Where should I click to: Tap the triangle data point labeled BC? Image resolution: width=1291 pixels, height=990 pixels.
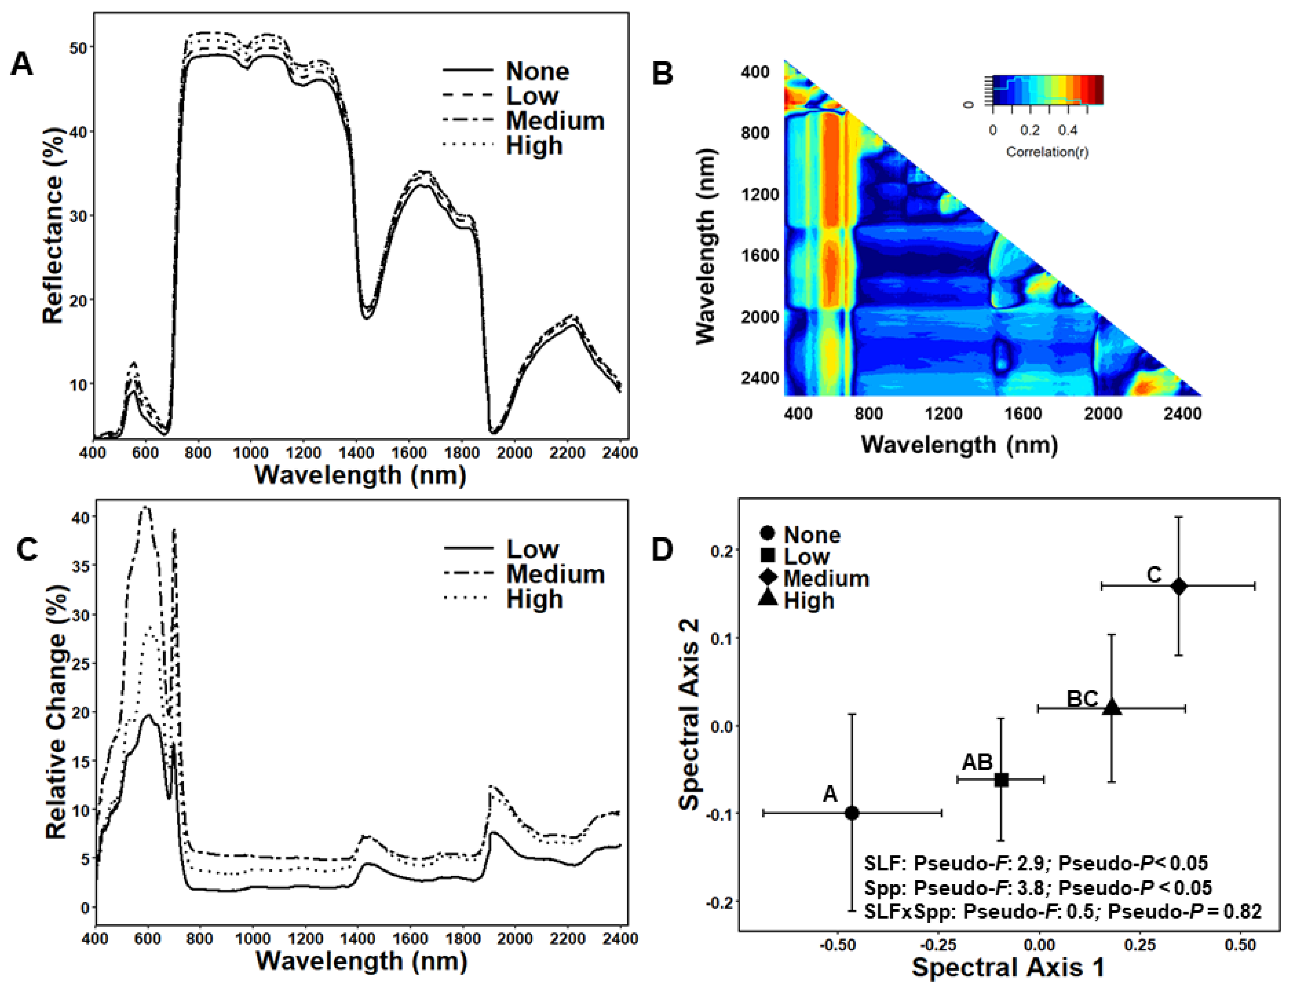[x=1112, y=707]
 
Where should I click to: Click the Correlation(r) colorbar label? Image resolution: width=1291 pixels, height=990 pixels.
[x=1047, y=152]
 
